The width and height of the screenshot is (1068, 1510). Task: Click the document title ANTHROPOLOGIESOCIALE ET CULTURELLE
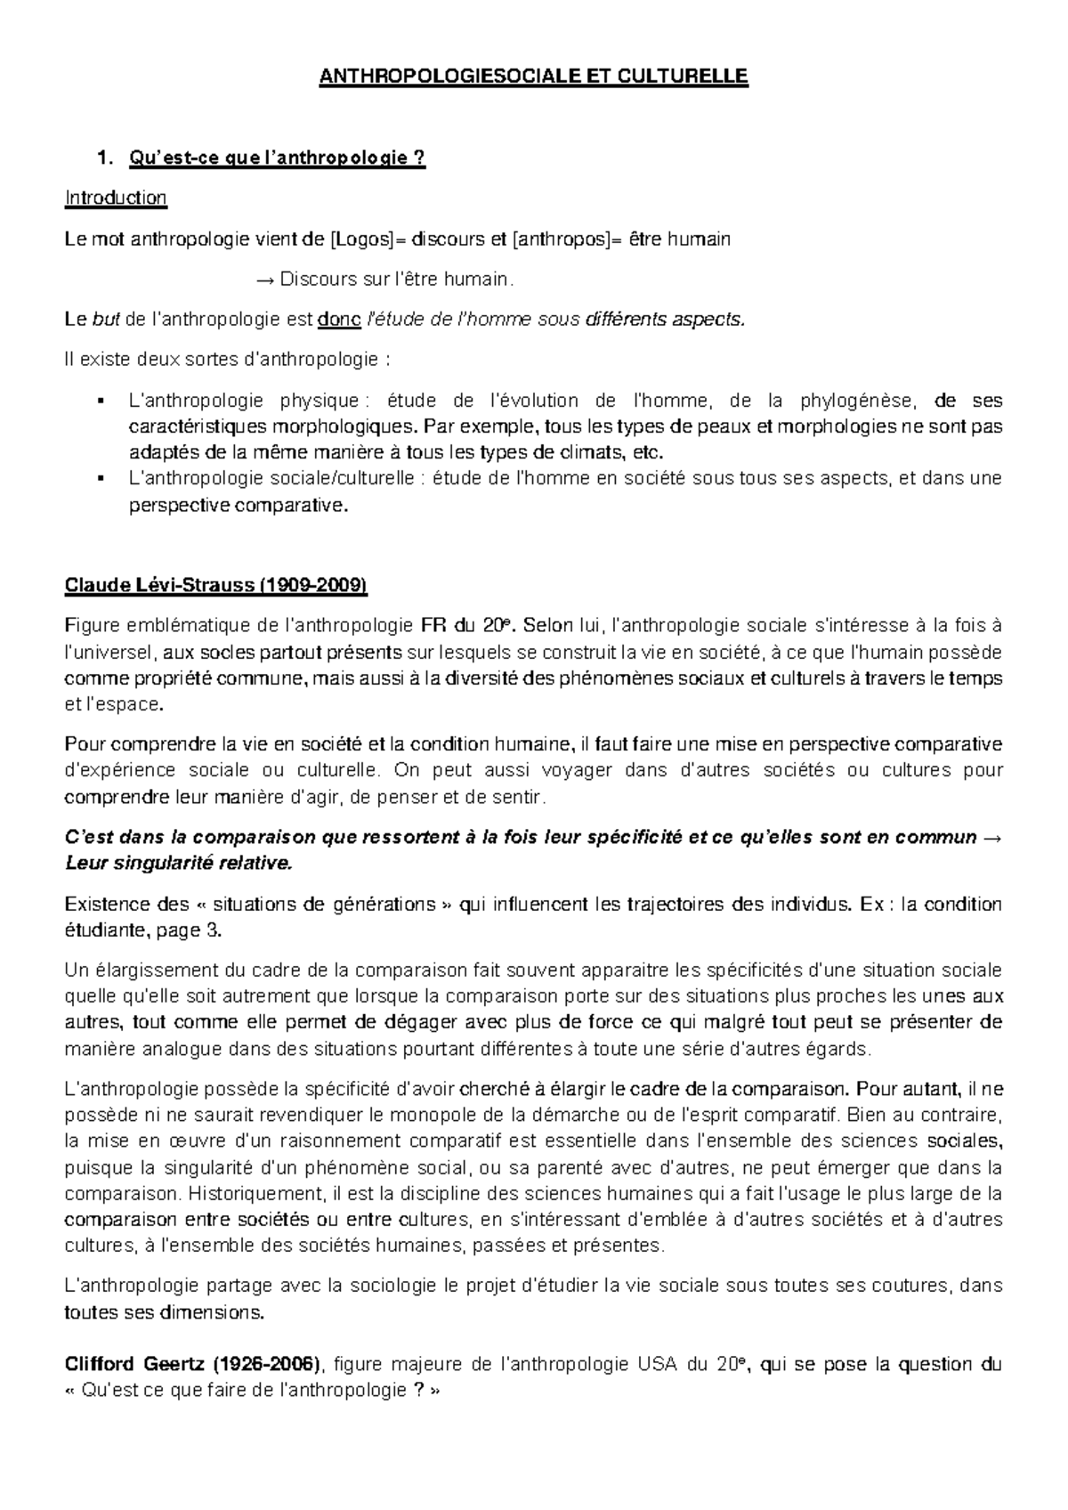click(534, 77)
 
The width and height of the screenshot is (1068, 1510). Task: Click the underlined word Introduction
click(116, 198)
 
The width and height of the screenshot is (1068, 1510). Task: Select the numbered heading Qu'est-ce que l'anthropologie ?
click(277, 158)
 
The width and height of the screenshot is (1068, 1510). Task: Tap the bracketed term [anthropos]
click(563, 239)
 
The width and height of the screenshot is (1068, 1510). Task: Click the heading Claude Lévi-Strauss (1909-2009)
click(215, 586)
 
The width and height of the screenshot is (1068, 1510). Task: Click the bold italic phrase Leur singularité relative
click(178, 863)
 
